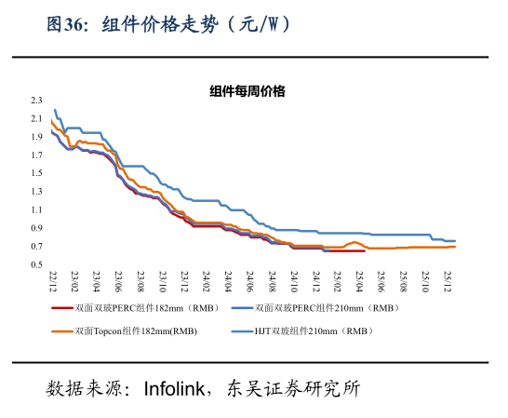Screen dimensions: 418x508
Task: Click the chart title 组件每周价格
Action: [x=247, y=90]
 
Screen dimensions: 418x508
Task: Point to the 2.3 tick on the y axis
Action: [x=37, y=100]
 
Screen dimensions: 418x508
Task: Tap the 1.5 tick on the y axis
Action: [x=37, y=173]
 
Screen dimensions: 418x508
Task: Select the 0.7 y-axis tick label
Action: [x=37, y=246]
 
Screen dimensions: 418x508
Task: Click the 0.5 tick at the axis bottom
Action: [x=37, y=264]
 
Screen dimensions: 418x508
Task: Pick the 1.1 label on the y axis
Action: [x=37, y=209]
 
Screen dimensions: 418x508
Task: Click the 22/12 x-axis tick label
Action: [x=52, y=279]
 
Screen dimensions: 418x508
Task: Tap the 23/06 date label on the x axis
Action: [x=118, y=279]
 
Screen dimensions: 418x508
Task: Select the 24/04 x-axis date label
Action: [x=229, y=279]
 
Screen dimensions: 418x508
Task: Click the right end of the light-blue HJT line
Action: [x=455, y=241]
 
